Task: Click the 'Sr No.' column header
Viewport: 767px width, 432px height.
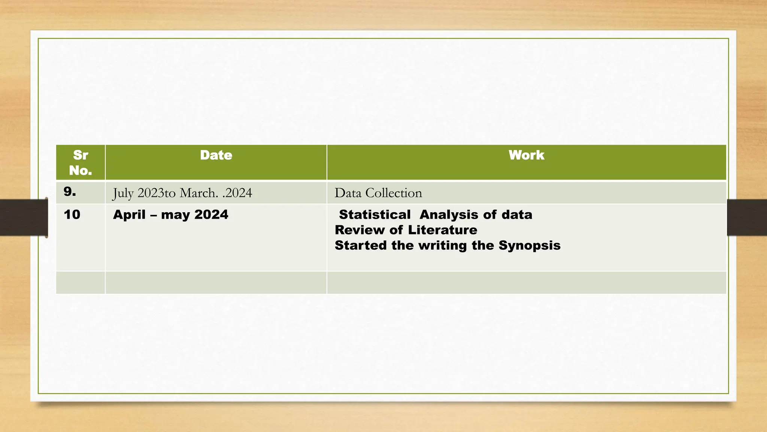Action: coord(81,163)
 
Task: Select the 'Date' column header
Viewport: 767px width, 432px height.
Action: coord(216,155)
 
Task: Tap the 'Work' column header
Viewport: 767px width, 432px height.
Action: coord(526,155)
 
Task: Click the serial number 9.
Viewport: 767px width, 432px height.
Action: coord(70,192)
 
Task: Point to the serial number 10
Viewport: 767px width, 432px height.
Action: coord(72,214)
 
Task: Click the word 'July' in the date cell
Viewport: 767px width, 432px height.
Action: coord(123,193)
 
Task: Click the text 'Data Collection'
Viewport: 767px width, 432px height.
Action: coord(378,193)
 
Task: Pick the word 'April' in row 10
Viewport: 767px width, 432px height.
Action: coord(129,215)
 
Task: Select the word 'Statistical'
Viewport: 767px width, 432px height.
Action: coord(375,214)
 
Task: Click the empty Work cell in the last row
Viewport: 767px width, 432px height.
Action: coord(526,283)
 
